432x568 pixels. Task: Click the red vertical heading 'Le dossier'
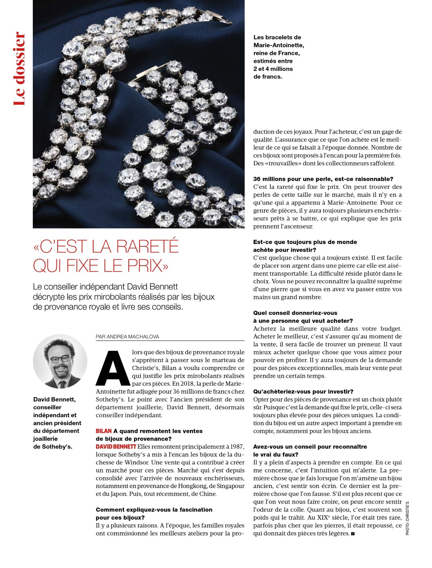[20, 69]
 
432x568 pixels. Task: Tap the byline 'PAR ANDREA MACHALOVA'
[127, 337]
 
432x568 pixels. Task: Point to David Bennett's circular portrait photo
[60, 361]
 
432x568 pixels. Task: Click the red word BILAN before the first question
[104, 431]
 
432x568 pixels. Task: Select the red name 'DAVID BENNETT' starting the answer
[116, 447]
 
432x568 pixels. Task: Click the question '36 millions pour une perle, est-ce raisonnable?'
[323, 179]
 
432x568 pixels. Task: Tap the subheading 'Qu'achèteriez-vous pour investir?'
[303, 392]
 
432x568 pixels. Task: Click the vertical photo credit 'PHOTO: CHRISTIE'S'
[408, 518]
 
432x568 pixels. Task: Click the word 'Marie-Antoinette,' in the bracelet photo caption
[279, 45]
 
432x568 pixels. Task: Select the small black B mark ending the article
[353, 534]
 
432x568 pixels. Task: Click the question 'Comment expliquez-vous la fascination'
[154, 510]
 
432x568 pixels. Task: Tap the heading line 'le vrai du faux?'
[276, 454]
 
